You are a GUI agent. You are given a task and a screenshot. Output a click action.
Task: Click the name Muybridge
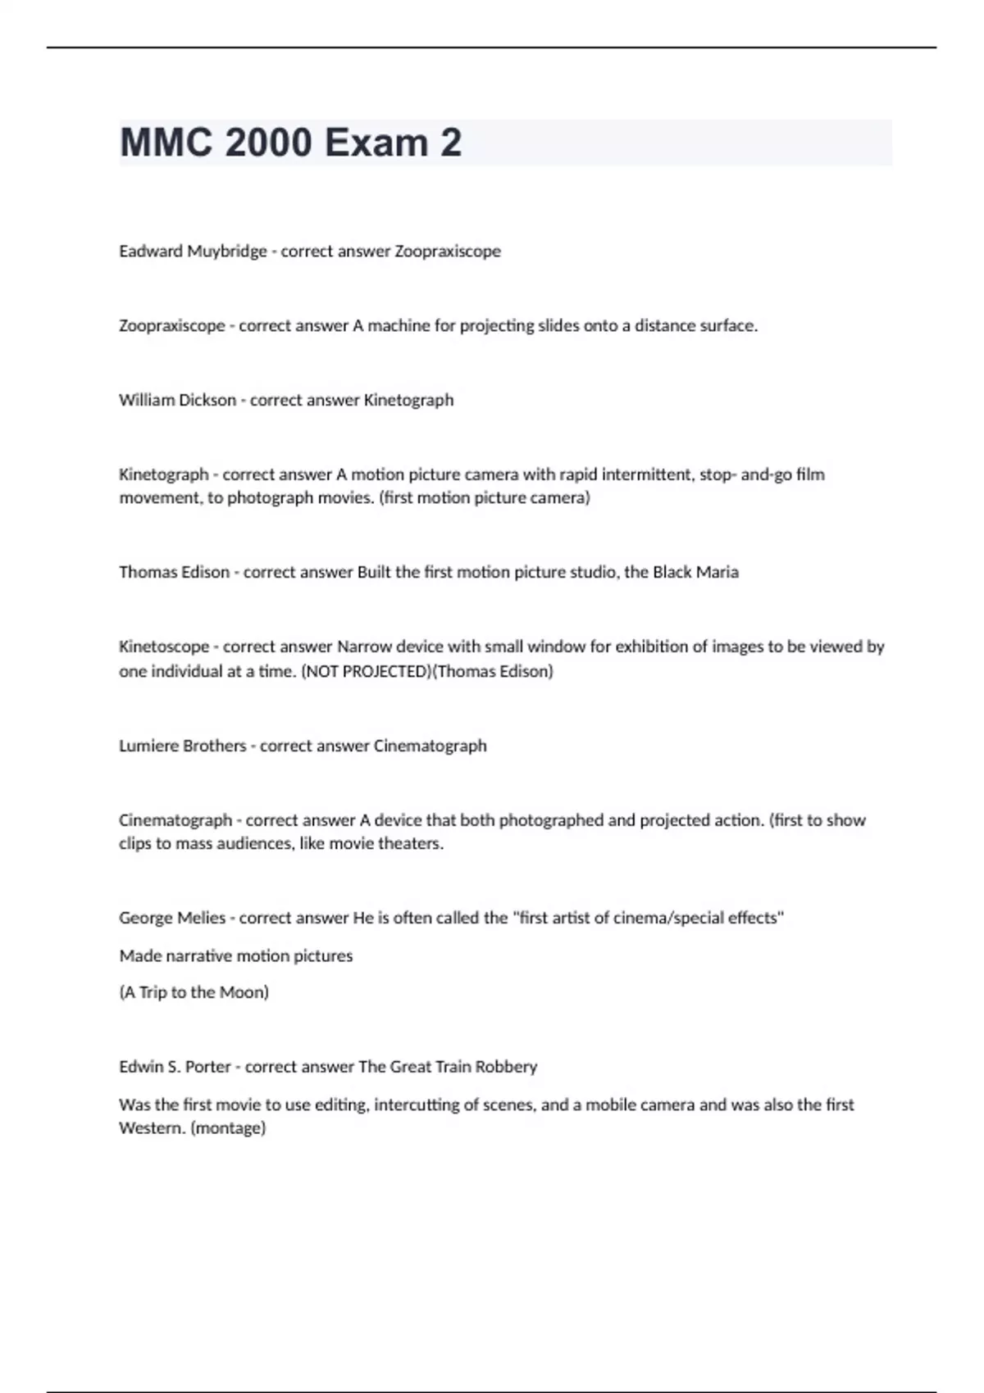pyautogui.click(x=226, y=252)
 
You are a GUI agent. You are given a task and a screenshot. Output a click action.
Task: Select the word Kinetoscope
pyautogui.click(x=163, y=647)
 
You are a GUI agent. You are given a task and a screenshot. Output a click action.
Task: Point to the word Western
pyautogui.click(x=152, y=1128)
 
